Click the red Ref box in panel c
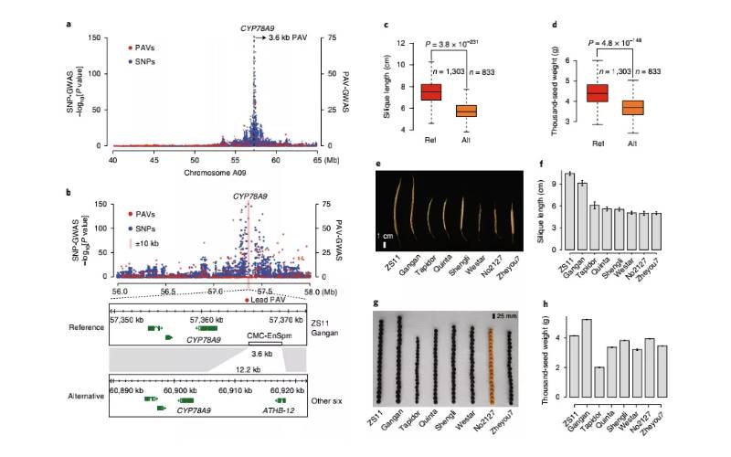(430, 91)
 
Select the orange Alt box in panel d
(625, 107)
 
